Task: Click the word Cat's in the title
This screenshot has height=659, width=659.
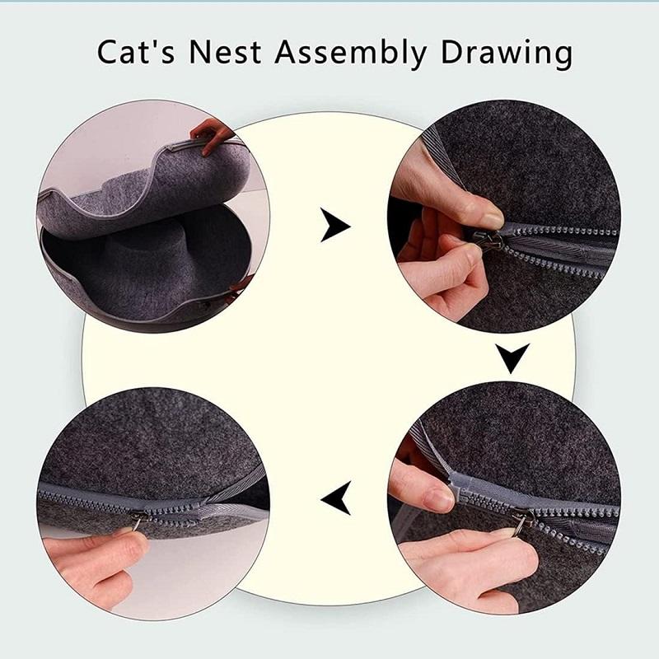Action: pos(136,52)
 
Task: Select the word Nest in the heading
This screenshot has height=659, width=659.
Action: pos(225,52)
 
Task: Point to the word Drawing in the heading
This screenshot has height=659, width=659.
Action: pos(507,54)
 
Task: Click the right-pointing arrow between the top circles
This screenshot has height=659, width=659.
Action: pos(335,225)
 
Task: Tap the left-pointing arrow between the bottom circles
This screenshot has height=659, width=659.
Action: pos(336,498)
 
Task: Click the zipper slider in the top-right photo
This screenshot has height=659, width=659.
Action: pos(488,241)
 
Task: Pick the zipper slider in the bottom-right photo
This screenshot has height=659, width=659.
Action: pos(522,521)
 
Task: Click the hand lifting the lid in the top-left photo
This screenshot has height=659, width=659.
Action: pos(213,134)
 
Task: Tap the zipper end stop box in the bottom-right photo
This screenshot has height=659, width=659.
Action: pos(459,488)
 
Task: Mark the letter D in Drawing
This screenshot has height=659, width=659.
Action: pos(452,52)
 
